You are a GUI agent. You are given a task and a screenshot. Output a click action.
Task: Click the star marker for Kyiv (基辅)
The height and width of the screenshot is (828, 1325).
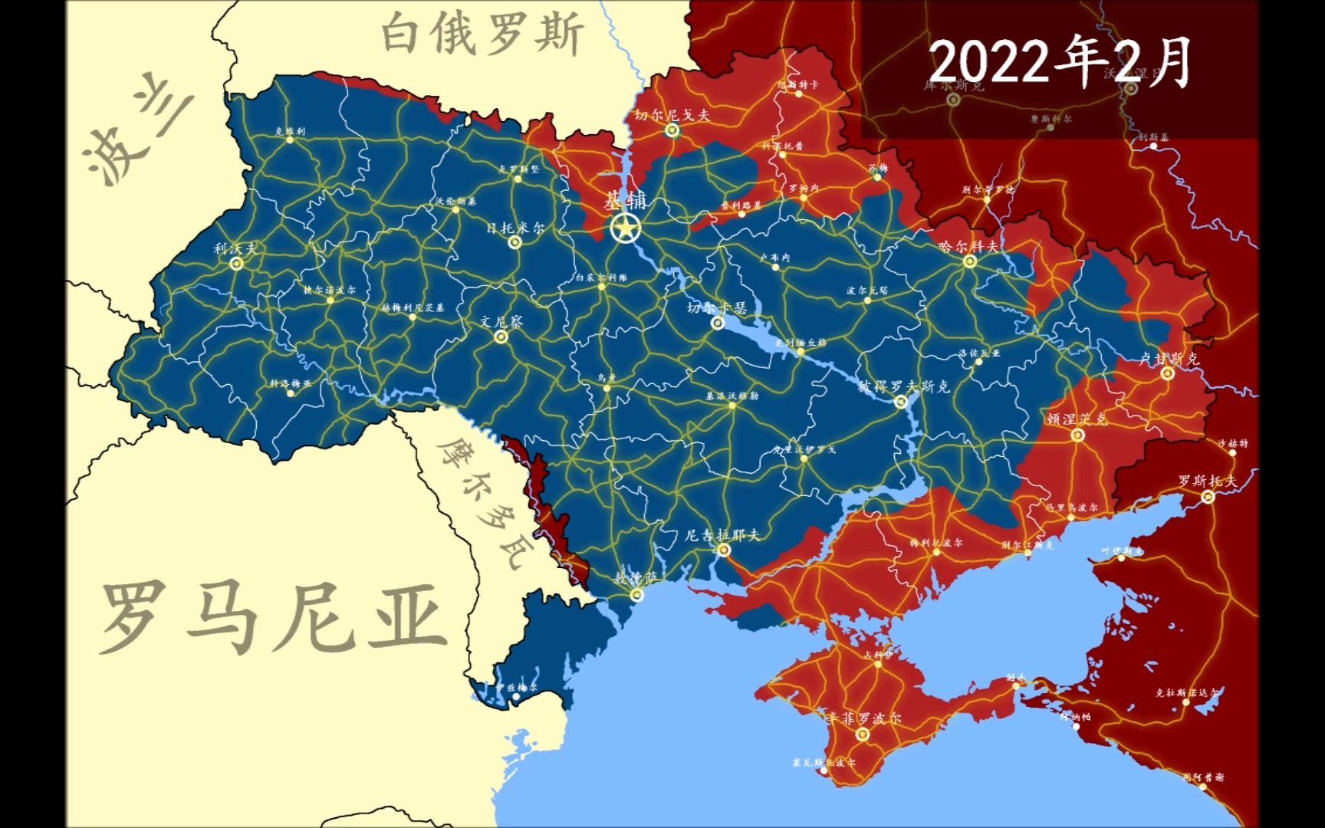point(626,228)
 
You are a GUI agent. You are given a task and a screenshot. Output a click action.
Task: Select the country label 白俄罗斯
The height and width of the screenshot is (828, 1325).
point(483,34)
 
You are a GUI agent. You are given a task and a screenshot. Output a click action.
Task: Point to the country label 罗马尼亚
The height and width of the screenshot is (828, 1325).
point(272,617)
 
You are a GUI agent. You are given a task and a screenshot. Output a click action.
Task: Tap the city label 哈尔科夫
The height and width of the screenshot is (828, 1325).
point(969,246)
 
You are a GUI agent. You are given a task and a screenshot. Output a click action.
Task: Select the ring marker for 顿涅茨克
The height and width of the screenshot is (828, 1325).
point(1078,435)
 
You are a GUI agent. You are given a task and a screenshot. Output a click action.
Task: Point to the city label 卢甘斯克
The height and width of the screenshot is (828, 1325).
point(1168,358)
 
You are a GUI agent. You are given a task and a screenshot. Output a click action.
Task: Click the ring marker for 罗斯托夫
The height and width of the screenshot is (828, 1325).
point(1208,497)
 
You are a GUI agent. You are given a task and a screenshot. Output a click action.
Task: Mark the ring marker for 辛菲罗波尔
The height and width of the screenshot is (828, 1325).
point(863,734)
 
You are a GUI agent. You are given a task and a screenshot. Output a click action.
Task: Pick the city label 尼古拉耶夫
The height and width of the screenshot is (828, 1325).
point(722,534)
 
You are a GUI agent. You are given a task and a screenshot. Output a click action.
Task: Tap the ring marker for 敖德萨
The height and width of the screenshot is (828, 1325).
point(636,594)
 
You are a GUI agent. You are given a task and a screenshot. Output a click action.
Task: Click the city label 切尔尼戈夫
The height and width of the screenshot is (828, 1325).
point(672,115)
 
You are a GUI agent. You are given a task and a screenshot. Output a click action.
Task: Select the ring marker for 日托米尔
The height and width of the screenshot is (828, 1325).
point(515,242)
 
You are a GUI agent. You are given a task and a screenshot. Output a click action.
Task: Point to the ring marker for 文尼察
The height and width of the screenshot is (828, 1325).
point(501,337)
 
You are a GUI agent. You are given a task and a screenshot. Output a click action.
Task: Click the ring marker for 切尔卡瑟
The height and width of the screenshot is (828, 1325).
point(718,324)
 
